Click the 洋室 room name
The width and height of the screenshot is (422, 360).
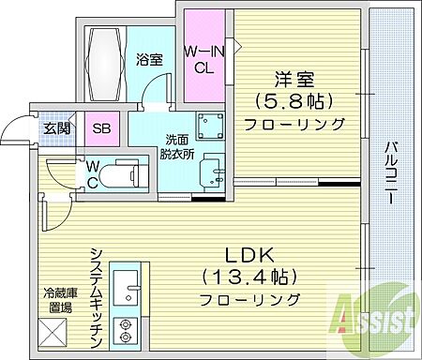pyautogui.click(x=294, y=80)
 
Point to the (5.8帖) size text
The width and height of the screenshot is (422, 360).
pyautogui.click(x=294, y=101)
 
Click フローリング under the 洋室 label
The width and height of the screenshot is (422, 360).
pyautogui.click(x=294, y=123)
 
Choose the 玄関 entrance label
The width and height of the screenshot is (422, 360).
pyautogui.click(x=53, y=128)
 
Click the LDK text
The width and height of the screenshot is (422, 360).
pyautogui.click(x=248, y=253)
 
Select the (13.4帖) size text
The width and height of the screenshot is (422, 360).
pyautogui.click(x=248, y=277)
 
